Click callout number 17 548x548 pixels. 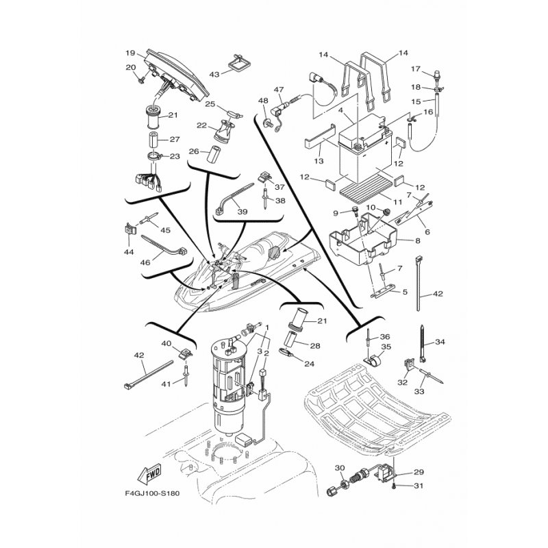click(x=415, y=68)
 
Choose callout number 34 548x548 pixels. click(x=440, y=342)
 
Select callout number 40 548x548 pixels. click(x=166, y=343)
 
